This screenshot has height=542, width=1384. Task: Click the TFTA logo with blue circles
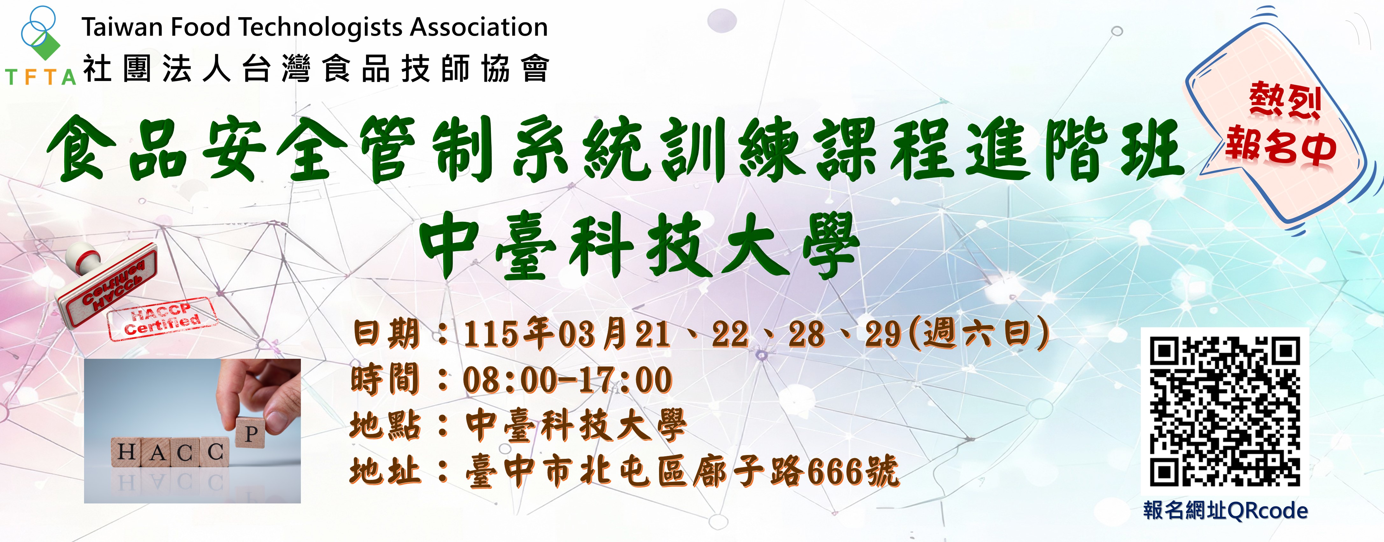(39, 32)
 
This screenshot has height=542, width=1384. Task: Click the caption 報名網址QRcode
(1225, 510)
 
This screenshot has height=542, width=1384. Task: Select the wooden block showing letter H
(127, 452)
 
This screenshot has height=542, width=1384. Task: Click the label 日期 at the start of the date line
(386, 333)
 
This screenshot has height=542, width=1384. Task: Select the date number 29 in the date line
(883, 334)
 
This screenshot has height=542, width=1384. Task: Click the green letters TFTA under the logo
(41, 77)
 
